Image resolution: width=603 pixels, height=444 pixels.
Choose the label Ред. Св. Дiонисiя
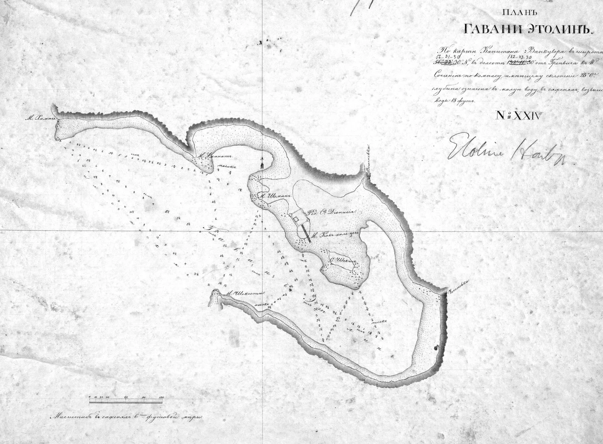coord(332,214)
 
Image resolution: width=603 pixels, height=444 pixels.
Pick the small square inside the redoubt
coord(297,219)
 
